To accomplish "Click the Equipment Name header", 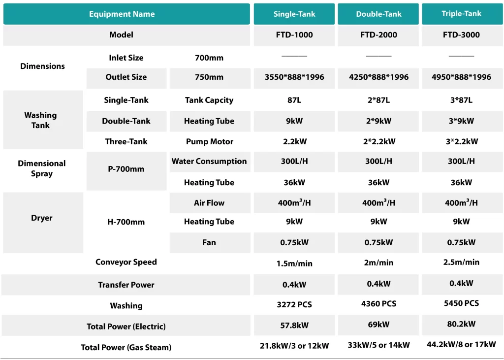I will point(122,14).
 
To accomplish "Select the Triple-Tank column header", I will point(461,14).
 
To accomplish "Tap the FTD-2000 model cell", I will point(378,35).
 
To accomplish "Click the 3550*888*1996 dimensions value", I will point(294,77).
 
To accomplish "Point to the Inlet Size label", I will point(126,58).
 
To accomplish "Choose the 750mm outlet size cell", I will point(209,77).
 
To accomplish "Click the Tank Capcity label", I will point(209,100).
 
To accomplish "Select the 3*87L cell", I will point(461,100).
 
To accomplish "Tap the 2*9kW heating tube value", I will point(378,121).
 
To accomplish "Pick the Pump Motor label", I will point(209,142).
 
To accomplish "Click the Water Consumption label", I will point(209,162).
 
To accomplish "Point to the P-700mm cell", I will point(126,169).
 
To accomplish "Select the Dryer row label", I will point(42,218).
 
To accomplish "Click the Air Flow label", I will point(209,203).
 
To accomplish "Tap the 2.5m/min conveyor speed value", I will point(461,262).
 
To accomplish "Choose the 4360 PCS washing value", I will point(378,304).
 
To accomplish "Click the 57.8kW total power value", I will point(294,326).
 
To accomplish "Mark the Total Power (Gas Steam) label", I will point(126,348).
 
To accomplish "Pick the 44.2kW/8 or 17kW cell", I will point(461,345).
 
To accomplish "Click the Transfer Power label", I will point(126,285).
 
